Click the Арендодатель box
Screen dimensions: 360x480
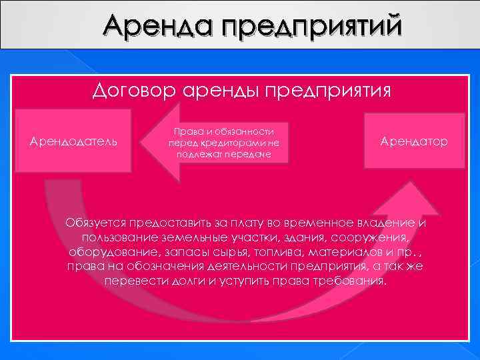pos(74,141)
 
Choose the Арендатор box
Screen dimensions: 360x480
pos(414,141)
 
